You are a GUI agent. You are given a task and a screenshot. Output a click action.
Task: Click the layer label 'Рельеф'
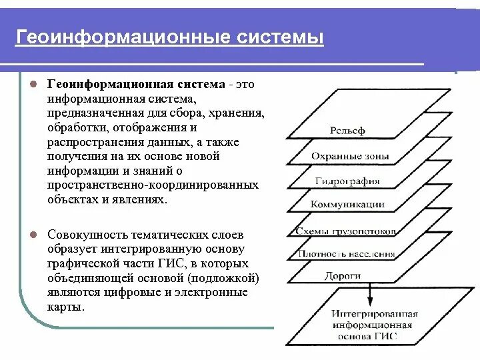tap(348, 131)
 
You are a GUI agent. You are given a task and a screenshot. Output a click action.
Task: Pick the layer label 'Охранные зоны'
tap(350, 156)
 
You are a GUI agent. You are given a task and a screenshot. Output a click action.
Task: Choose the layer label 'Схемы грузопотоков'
tap(343, 231)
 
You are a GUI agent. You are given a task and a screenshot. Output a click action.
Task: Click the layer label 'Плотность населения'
tap(347, 253)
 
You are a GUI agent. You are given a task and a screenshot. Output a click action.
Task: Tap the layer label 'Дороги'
tap(343, 275)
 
